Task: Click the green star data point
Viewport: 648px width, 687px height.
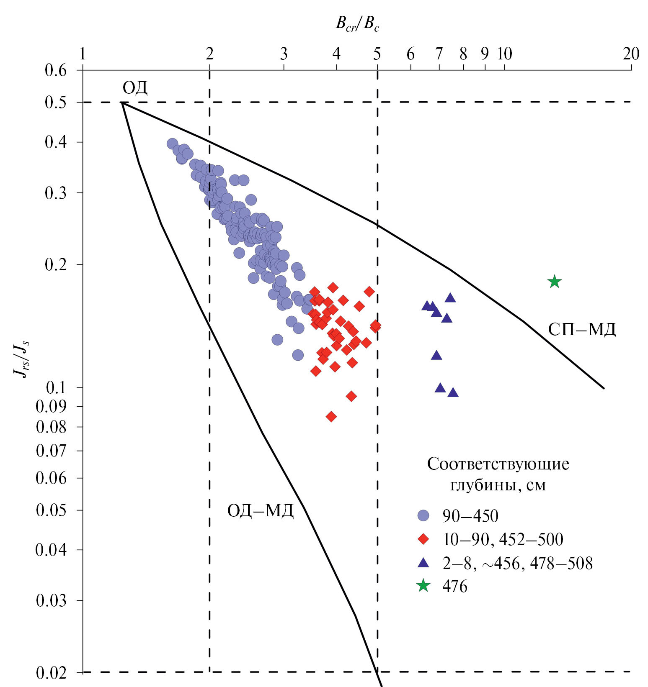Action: point(554,282)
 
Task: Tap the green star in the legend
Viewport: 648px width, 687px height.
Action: point(423,586)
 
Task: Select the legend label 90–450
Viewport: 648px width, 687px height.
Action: point(470,516)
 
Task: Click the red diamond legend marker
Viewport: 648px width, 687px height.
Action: point(423,539)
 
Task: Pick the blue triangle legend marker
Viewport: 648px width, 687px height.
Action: point(423,563)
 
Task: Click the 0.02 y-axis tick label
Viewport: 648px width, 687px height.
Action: point(52,673)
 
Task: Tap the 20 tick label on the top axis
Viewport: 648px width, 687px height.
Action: point(631,54)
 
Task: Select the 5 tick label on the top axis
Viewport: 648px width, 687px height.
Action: point(377,54)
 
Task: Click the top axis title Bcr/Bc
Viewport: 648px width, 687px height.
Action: point(357,24)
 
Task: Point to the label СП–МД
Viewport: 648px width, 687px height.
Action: point(582,330)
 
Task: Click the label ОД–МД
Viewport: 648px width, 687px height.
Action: point(260,511)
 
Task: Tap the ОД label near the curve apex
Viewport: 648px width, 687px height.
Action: point(135,88)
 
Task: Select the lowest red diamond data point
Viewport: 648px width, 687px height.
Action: point(331,416)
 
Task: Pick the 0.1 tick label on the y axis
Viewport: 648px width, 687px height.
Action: point(56,388)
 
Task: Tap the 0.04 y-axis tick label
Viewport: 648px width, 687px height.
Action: point(52,549)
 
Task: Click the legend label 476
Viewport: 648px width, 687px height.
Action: point(455,586)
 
